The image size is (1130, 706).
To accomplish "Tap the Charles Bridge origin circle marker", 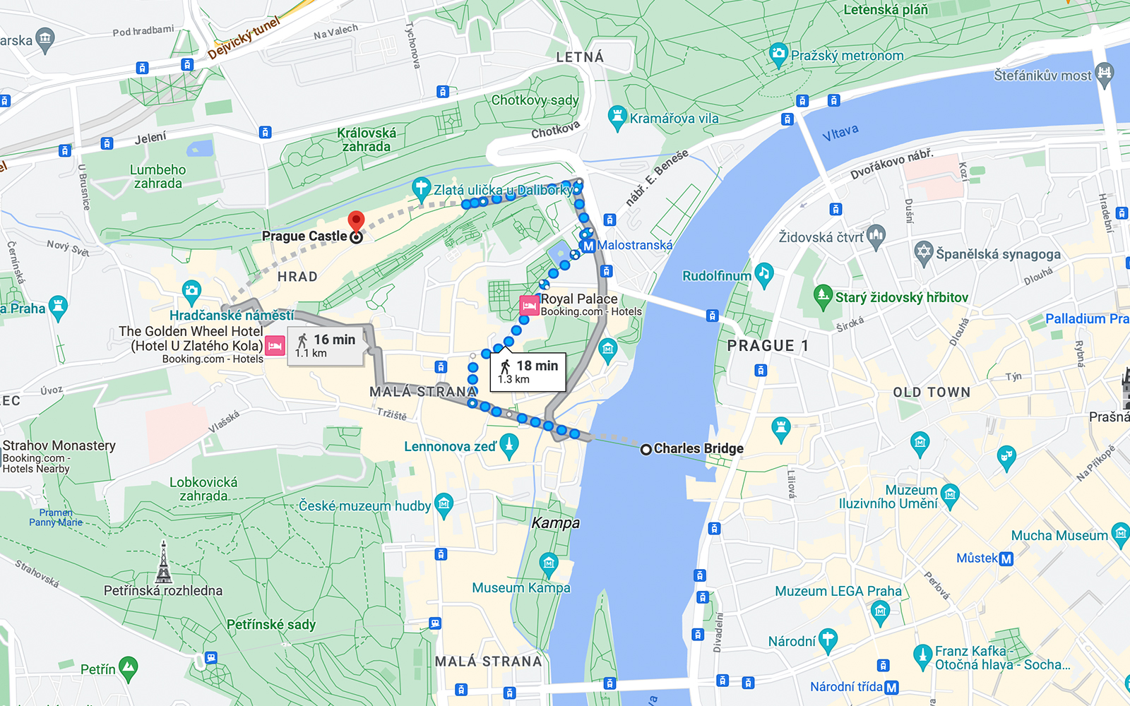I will point(646,449).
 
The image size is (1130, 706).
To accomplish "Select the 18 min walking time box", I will point(529,372).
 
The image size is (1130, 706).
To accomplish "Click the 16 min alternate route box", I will point(326,345).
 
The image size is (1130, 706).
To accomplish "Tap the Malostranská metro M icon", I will point(588,246).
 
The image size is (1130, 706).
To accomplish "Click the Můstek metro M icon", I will point(1006,559).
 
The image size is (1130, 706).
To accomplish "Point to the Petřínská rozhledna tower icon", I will point(164,563).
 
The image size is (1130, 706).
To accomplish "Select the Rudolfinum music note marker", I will point(763,274).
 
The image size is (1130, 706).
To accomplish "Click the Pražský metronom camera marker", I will point(778,54).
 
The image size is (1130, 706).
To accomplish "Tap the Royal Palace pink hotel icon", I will point(529,306).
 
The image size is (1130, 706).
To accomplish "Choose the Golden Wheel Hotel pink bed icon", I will point(275,345).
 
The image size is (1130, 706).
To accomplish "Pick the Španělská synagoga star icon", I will point(924,252).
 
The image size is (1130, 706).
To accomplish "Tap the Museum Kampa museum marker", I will point(549,563).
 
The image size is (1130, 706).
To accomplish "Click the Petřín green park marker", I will point(128,667).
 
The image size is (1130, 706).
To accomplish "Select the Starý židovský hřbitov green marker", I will point(823,296).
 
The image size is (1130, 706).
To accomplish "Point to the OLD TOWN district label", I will point(932,393).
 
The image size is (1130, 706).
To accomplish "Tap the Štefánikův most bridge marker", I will point(1105,73).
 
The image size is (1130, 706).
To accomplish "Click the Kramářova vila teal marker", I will point(617,117).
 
